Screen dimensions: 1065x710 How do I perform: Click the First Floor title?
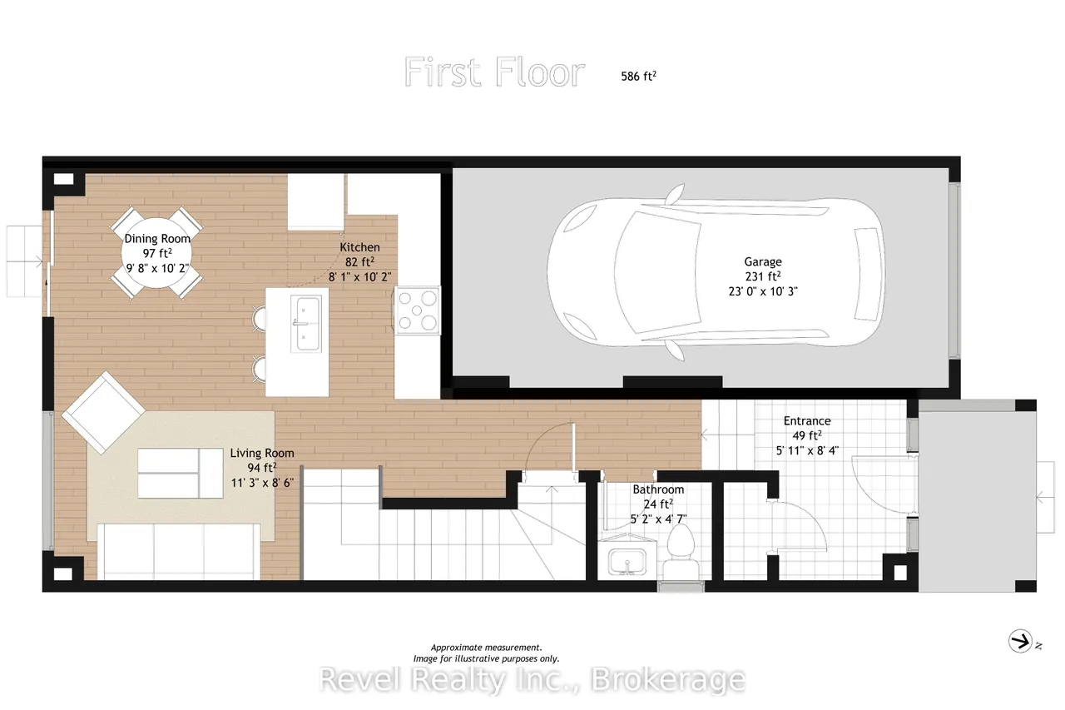pyautogui.click(x=494, y=72)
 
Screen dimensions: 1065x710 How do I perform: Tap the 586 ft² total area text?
pyautogui.click(x=638, y=76)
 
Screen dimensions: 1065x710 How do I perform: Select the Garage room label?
pyautogui.click(x=763, y=261)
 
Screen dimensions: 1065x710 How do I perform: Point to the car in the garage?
pyautogui.click(x=716, y=272)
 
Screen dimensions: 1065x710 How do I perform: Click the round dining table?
pyautogui.click(x=156, y=253)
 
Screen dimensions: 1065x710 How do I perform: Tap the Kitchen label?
pyautogui.click(x=359, y=247)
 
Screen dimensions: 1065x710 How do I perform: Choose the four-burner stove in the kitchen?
pyautogui.click(x=417, y=310)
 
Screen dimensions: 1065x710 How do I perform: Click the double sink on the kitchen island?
pyautogui.click(x=306, y=324)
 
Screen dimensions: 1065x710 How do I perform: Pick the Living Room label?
pyautogui.click(x=262, y=453)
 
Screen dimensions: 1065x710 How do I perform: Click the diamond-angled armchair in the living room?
pyautogui.click(x=103, y=413)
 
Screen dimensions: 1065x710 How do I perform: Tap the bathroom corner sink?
pyautogui.click(x=627, y=561)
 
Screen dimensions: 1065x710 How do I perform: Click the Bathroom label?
pyautogui.click(x=658, y=489)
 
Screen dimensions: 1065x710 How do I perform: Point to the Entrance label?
pyautogui.click(x=807, y=421)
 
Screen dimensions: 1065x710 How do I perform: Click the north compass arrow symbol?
pyautogui.click(x=1020, y=642)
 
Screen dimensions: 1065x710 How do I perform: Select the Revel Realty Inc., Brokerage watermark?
pyautogui.click(x=532, y=679)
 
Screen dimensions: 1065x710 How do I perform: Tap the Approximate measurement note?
pyautogui.click(x=486, y=648)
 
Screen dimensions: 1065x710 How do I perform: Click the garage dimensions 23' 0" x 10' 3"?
pyautogui.click(x=763, y=291)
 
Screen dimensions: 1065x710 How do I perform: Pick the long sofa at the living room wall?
pyautogui.click(x=179, y=552)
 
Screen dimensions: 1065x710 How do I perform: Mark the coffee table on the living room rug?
pyautogui.click(x=181, y=473)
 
